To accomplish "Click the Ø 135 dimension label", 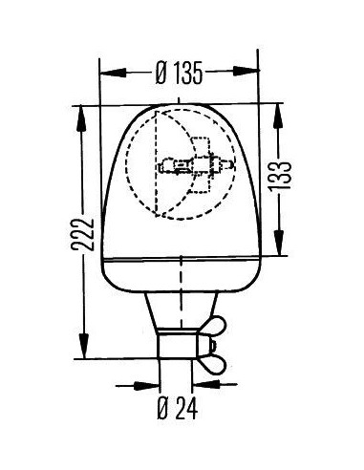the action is pyautogui.click(x=179, y=73).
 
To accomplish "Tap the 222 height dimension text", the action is pyautogui.click(x=83, y=235).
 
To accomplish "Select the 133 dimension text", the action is pyautogui.click(x=280, y=176).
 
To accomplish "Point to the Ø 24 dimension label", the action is pyautogui.click(x=178, y=408).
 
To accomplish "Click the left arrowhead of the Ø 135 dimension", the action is pyautogui.click(x=113, y=73).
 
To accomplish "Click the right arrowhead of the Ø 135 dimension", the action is pyautogui.click(x=246, y=71).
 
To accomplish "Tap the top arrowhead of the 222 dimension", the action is pyautogui.click(x=81, y=118).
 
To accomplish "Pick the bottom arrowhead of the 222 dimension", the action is pyautogui.click(x=84, y=346).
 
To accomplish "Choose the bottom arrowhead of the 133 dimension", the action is pyautogui.click(x=279, y=243).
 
